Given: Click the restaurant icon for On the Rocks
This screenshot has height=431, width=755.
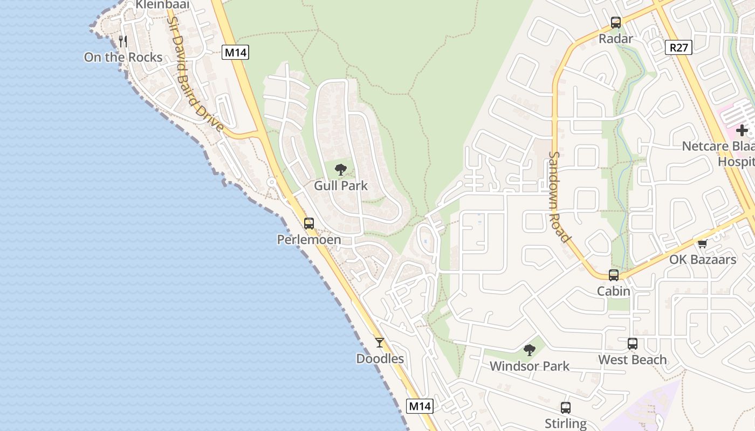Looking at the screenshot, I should click(x=123, y=41).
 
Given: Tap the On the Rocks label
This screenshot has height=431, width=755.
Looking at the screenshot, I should click(x=123, y=57).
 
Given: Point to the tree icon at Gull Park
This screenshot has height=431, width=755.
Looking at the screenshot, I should click(x=340, y=170).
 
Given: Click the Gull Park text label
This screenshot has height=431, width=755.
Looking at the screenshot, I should click(x=340, y=186).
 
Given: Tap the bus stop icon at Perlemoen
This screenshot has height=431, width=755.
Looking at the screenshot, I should click(x=308, y=223).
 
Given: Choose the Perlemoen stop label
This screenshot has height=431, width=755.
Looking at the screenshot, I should click(x=308, y=240).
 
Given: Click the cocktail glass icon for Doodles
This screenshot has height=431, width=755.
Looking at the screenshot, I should click(x=380, y=342).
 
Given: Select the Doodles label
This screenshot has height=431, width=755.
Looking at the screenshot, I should click(x=380, y=359).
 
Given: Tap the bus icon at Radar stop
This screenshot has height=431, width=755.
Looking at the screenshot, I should click(x=615, y=23).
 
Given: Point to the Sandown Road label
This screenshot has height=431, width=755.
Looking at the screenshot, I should click(x=559, y=197).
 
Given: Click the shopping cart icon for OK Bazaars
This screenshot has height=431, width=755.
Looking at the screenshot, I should click(x=702, y=244).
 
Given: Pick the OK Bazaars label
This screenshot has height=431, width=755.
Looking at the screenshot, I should click(x=702, y=260).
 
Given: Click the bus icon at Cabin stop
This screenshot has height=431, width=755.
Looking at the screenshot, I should click(x=613, y=275).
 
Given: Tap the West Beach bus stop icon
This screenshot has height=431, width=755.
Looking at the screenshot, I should click(x=632, y=343).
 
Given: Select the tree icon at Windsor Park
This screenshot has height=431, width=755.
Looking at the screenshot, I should click(x=529, y=350).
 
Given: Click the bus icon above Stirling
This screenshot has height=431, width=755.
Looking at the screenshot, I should click(x=565, y=408).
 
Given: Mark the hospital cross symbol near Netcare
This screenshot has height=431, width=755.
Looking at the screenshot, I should click(x=742, y=130).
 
